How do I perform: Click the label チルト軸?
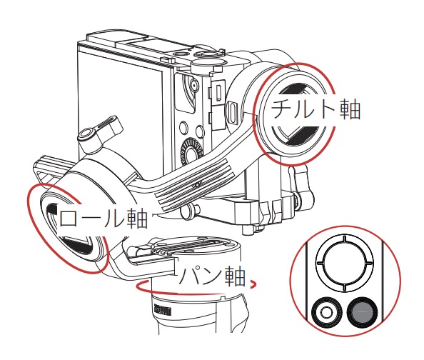(315, 109)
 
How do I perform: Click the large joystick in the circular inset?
(343, 261)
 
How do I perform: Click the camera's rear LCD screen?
(121, 100)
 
